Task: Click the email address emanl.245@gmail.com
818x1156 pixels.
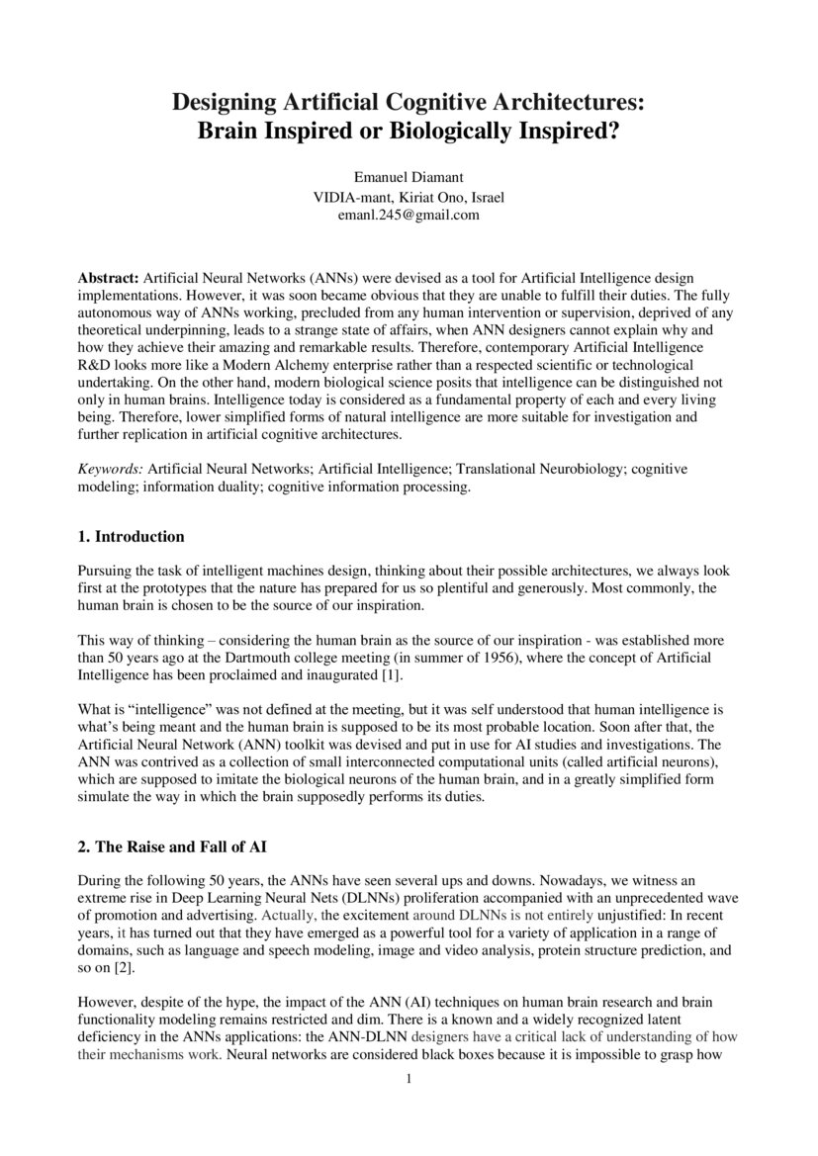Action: click(409, 214)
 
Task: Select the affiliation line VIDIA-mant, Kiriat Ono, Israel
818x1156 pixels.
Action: click(409, 196)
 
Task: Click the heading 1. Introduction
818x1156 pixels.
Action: click(131, 537)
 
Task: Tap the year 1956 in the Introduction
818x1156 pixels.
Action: click(516, 657)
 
